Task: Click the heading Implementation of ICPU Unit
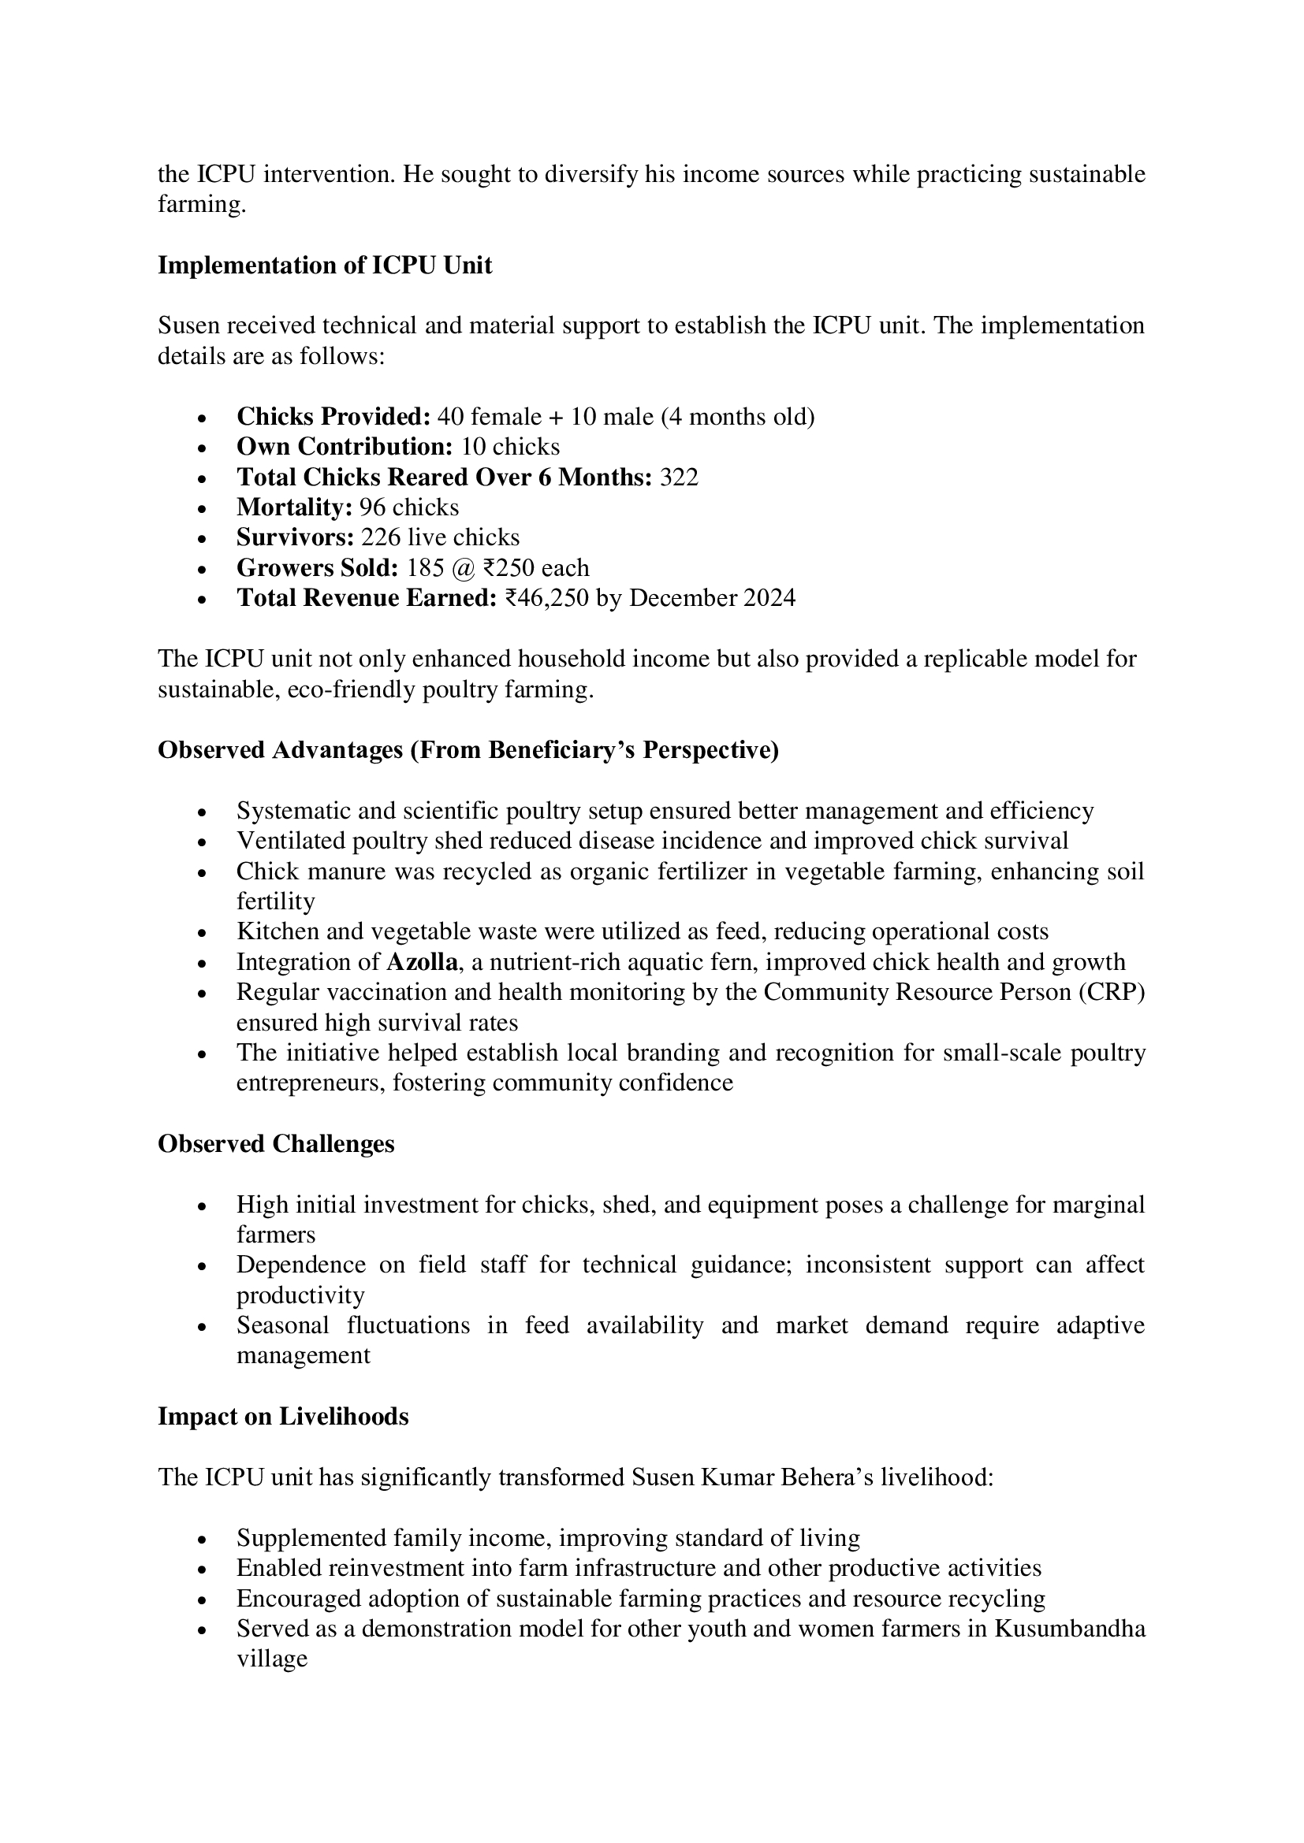click(x=324, y=266)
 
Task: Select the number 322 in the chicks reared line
click(x=679, y=477)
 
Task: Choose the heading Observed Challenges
click(x=275, y=1144)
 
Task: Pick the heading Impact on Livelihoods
click(x=283, y=1417)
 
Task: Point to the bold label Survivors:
click(x=295, y=538)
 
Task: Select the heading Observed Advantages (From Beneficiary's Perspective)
click(x=468, y=749)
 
